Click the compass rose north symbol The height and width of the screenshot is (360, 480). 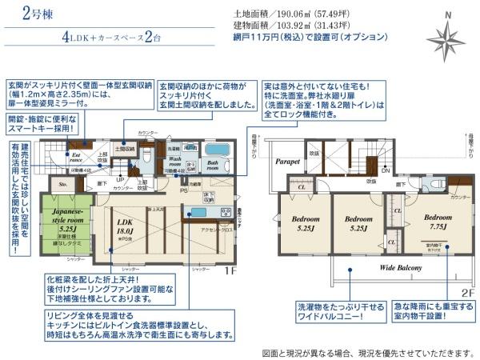click(x=447, y=38)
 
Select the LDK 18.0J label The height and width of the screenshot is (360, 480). click(x=124, y=226)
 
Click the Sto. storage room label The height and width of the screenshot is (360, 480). click(x=61, y=185)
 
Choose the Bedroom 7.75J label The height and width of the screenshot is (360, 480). click(x=438, y=221)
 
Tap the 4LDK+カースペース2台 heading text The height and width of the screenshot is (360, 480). click(x=120, y=38)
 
